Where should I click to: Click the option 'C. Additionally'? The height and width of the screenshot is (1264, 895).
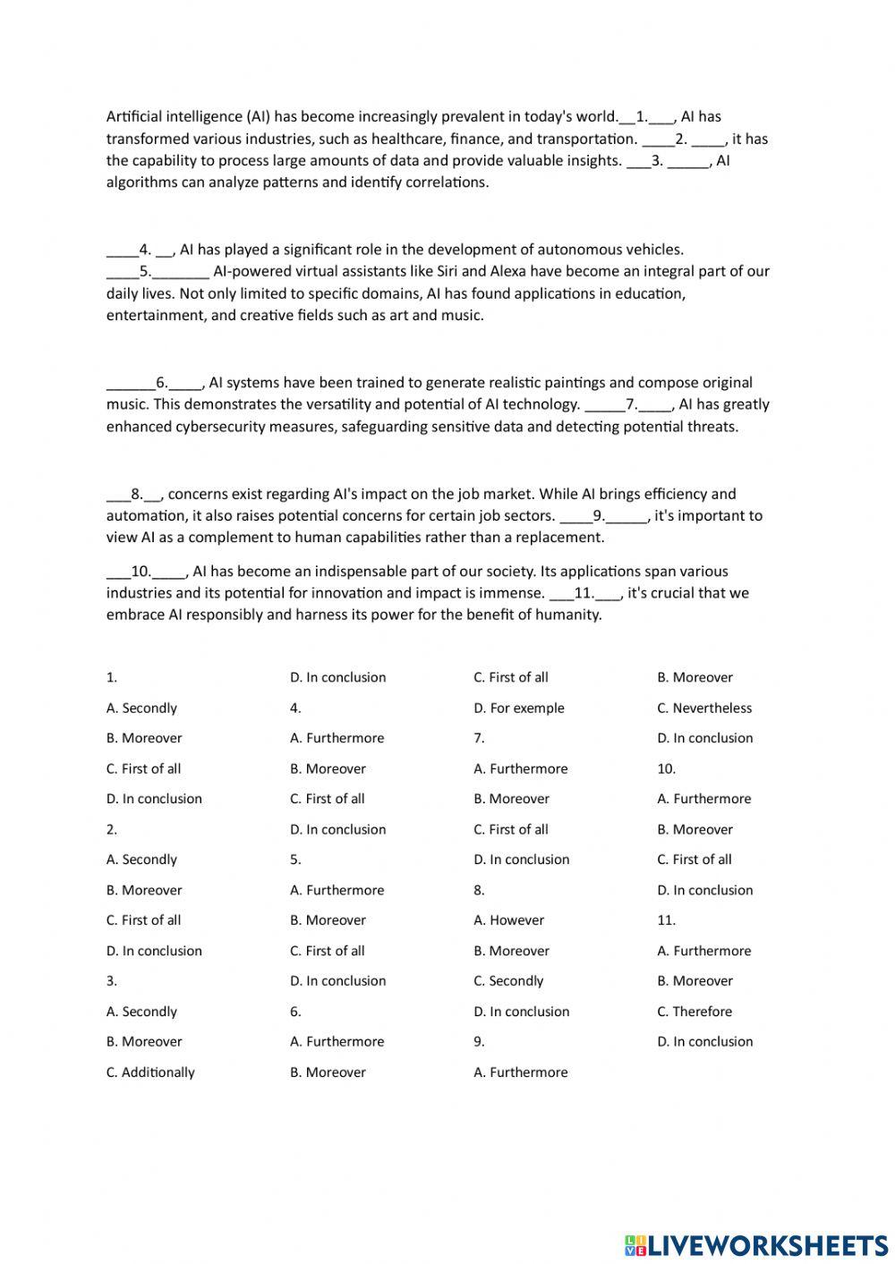(x=150, y=1072)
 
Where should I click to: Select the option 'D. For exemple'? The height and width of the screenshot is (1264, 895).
(x=519, y=708)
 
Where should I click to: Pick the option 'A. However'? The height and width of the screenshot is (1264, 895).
(x=508, y=920)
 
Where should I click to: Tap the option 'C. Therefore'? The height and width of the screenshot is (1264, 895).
(x=695, y=1011)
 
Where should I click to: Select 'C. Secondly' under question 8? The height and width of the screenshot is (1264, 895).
(x=508, y=980)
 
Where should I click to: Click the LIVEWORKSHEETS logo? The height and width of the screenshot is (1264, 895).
(x=756, y=1244)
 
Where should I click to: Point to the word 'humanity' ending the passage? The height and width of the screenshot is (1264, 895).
(x=570, y=615)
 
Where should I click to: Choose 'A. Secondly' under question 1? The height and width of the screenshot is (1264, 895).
(x=141, y=708)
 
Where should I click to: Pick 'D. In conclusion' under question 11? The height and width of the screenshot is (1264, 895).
(x=704, y=1041)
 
